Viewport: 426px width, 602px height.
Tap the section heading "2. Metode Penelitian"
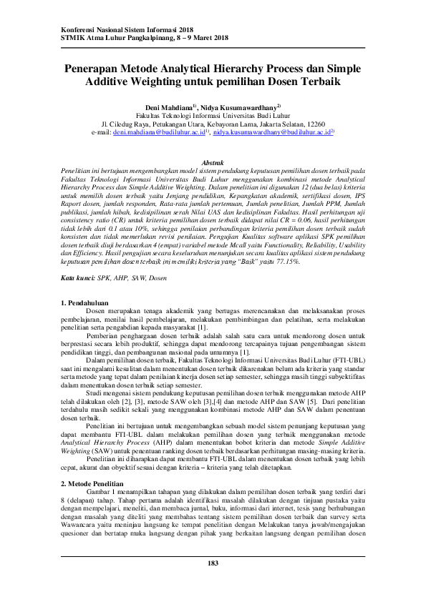97,464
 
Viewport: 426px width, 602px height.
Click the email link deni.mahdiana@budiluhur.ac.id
158,133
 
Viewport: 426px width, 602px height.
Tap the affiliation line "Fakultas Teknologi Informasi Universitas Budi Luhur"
213,114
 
